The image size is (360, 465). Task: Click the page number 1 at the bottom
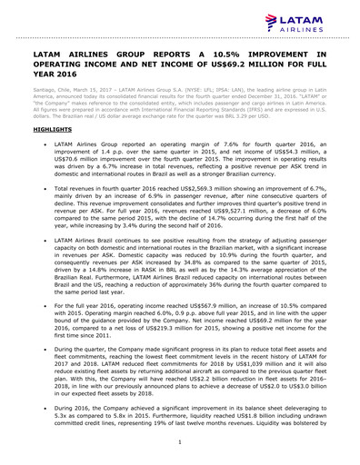180,441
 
